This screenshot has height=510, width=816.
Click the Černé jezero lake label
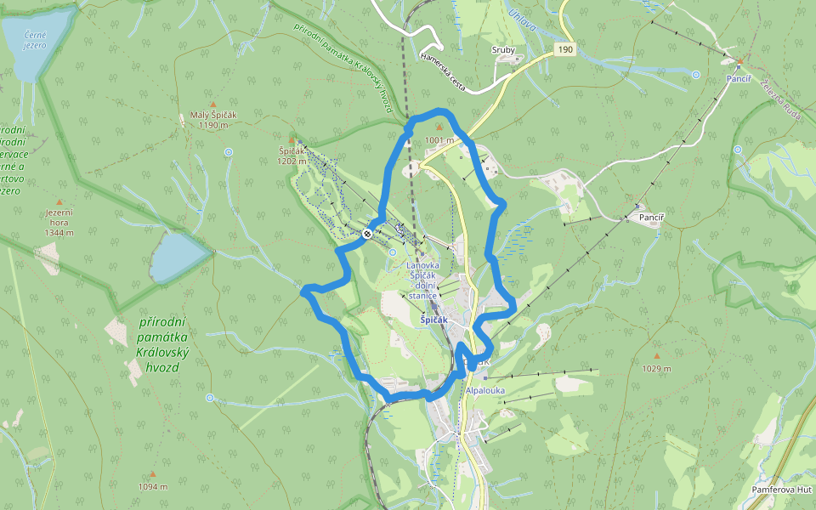[x=35, y=40]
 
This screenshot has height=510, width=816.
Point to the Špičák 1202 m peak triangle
[x=292, y=139]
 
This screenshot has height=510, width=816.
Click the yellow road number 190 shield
[x=565, y=50]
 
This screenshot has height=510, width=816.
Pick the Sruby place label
[x=503, y=50]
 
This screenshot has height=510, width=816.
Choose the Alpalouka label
[x=485, y=391]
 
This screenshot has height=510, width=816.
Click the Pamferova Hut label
[x=782, y=490]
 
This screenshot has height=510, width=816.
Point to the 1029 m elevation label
[x=655, y=369]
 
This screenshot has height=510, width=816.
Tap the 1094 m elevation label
[x=153, y=486]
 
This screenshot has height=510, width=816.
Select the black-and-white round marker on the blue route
[x=366, y=233]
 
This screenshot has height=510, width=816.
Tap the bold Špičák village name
[x=440, y=320]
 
